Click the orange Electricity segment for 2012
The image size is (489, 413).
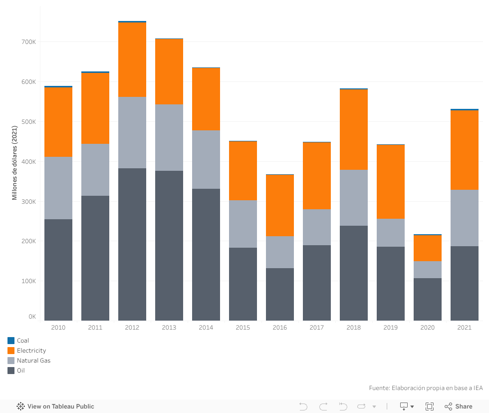(132, 60)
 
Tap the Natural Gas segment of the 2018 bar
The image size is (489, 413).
(354, 198)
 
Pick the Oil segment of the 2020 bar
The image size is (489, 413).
(428, 299)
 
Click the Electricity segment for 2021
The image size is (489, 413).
(465, 150)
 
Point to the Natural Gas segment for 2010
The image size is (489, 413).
(58, 188)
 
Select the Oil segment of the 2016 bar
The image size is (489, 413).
(280, 294)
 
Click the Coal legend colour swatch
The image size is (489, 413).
(11, 341)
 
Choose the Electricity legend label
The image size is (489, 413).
(31, 351)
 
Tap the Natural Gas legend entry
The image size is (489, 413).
(33, 361)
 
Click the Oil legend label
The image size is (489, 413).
(21, 371)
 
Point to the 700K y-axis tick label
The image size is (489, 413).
(28, 42)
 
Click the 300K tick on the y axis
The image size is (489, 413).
(28, 201)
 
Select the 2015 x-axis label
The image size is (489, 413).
(243, 328)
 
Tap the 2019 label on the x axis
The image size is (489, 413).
(391, 328)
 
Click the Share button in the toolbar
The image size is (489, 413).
(459, 407)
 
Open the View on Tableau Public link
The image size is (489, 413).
(55, 407)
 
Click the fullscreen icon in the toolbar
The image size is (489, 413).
(430, 407)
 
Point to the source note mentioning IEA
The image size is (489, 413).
(426, 388)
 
